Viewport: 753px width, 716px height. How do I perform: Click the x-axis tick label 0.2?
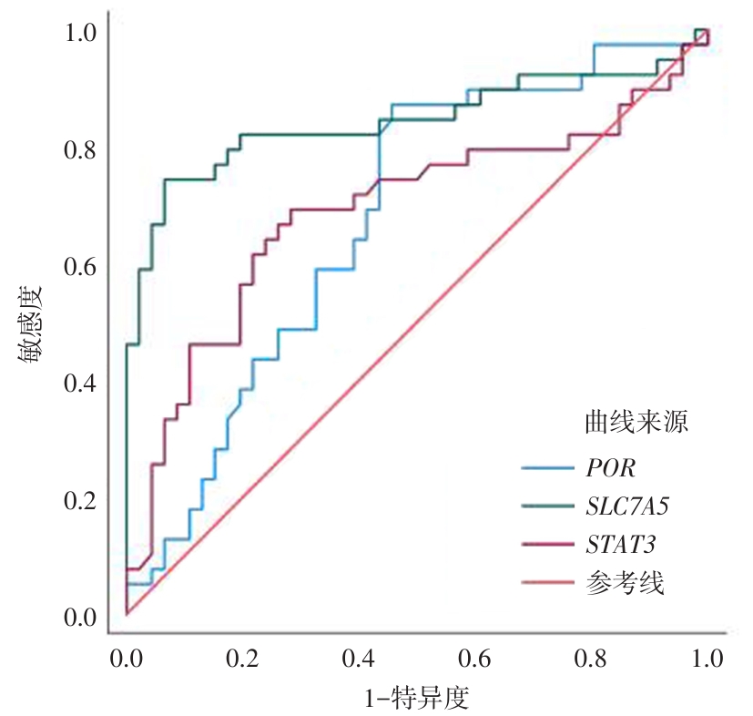click(241, 658)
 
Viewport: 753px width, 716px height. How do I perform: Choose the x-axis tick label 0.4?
click(358, 658)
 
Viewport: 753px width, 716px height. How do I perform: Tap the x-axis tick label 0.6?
click(473, 658)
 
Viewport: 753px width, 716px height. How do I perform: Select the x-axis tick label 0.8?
click(590, 658)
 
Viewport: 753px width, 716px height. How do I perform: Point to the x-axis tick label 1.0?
click(706, 658)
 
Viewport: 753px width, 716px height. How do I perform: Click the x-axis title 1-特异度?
click(416, 699)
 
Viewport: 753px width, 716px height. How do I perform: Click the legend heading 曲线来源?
click(635, 422)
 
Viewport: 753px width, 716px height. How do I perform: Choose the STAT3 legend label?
click(622, 544)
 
